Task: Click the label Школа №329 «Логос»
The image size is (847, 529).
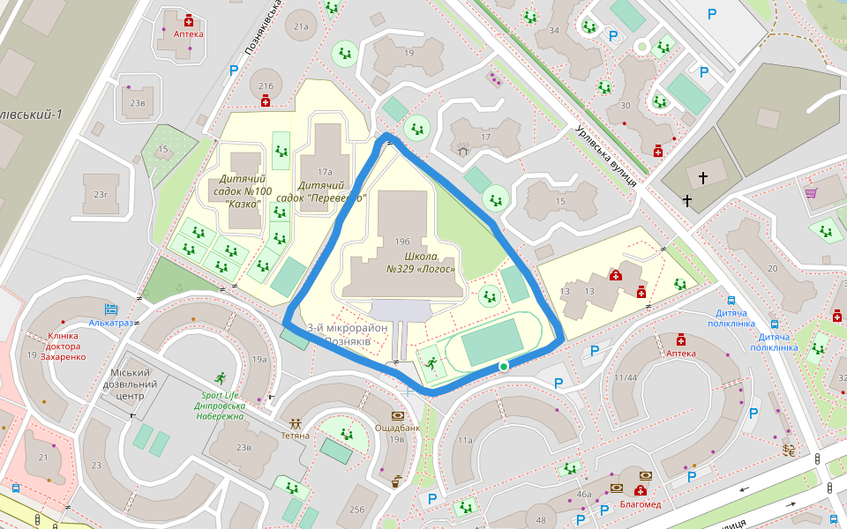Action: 421,263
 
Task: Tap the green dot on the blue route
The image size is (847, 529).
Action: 503,366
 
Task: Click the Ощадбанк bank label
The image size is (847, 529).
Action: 396,428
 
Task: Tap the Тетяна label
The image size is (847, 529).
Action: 295,436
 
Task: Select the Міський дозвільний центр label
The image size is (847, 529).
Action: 130,384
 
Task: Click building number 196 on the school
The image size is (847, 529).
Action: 403,241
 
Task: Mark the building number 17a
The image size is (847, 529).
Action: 325,172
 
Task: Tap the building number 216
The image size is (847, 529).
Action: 266,86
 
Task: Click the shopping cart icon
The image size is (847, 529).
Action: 810,192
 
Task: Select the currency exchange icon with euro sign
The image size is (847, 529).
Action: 788,450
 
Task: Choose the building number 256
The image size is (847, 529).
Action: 356,510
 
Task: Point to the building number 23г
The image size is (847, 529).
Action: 101,194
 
